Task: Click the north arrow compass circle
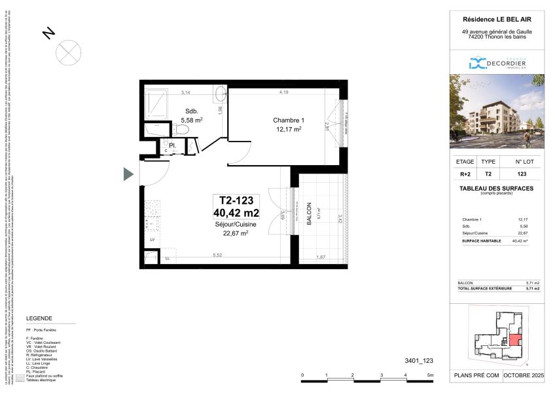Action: click(69, 51)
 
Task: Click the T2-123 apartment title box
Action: click(236, 207)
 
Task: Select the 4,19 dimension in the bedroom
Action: click(284, 92)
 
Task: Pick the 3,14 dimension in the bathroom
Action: click(186, 92)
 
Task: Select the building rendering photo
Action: click(497, 111)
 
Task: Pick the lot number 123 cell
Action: click(522, 174)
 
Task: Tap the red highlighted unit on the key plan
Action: click(515, 341)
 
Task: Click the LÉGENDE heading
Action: click(39, 318)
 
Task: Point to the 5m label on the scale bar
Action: click(430, 376)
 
